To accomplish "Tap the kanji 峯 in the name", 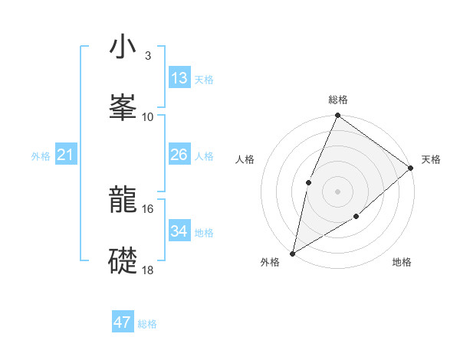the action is (x=123, y=107).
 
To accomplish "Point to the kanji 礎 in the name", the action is (x=123, y=261).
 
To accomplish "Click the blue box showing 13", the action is (x=179, y=78).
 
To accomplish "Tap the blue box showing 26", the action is (x=179, y=155).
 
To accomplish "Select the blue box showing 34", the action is (x=179, y=231).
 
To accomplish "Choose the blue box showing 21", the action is (x=66, y=155).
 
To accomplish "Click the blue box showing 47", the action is (x=123, y=322).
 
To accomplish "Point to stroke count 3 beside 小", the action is (x=147, y=56).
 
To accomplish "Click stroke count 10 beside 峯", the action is (x=148, y=116).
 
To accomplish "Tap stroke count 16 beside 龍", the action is (x=148, y=208).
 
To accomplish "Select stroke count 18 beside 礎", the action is (x=148, y=270).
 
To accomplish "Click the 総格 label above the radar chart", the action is (x=338, y=100).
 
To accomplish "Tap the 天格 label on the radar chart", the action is (x=431, y=159).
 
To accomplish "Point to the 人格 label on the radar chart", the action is (x=245, y=159).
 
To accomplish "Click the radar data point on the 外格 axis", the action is (x=293, y=253).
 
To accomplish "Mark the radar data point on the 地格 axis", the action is (x=356, y=218).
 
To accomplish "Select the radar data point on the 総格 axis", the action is (x=338, y=116).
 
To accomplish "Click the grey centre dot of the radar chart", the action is (x=338, y=191).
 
